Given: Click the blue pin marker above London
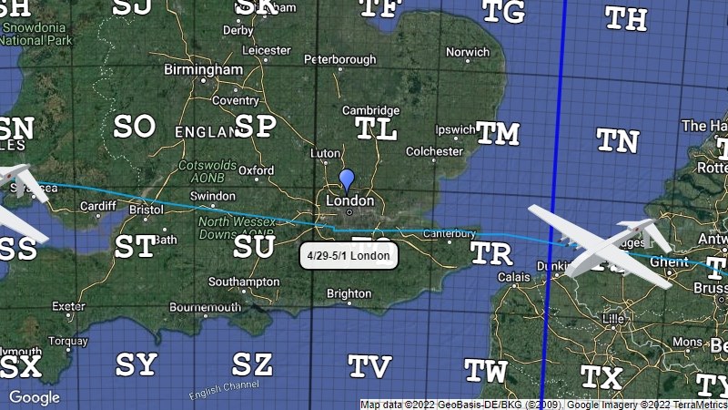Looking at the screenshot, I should point(346,179).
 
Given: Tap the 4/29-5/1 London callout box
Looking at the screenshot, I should point(349,256).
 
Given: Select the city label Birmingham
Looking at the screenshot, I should point(203,69).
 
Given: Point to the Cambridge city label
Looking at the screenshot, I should point(370,110).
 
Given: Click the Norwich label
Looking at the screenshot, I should point(468,53).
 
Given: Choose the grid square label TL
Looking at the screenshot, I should point(377,128).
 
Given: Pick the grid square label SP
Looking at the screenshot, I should point(255,126).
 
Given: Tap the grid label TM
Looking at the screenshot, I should point(498,133).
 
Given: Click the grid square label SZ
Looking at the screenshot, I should point(252,364).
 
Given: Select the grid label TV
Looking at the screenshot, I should point(370,366).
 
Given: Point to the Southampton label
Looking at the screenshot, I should point(244,282).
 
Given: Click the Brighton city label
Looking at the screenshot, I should point(349,293).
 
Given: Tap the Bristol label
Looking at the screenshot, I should point(147,209).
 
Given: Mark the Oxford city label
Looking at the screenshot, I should point(257,170).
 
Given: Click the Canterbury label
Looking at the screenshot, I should point(450,234).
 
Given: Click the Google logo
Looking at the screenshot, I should point(34,397).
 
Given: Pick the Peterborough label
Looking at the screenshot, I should point(339,60).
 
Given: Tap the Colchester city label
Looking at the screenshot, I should point(434,151).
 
